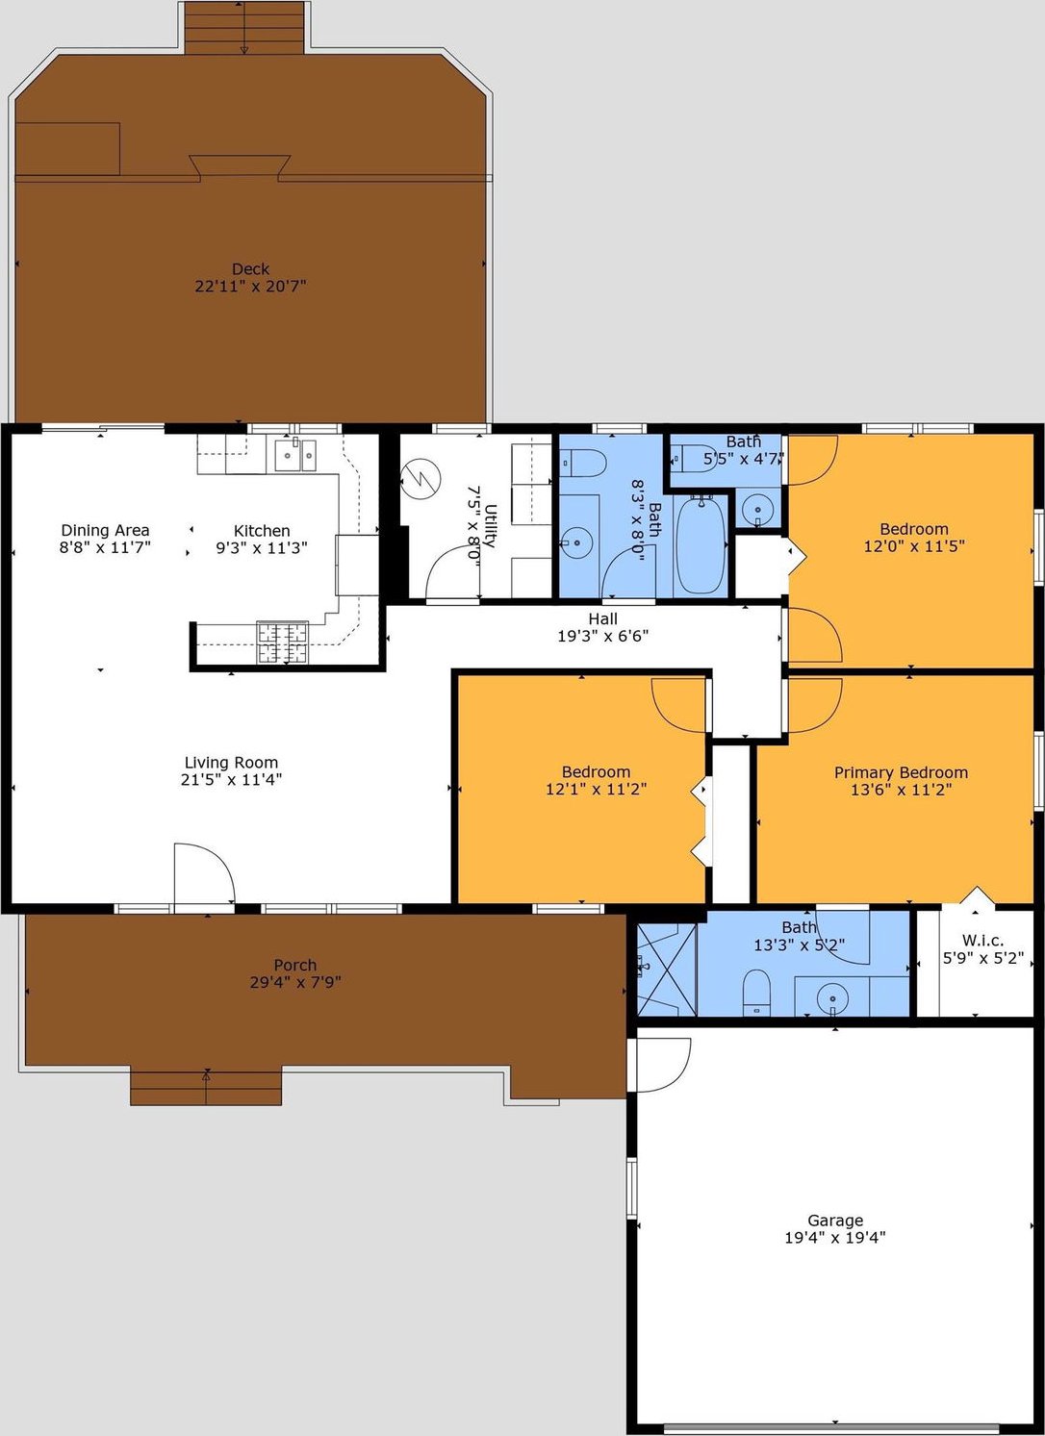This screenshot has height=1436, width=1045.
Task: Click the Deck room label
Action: tap(250, 268)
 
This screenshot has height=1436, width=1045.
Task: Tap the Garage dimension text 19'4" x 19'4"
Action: tap(834, 1237)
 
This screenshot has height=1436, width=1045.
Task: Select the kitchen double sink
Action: tap(295, 455)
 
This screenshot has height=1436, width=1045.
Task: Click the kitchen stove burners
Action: tap(282, 642)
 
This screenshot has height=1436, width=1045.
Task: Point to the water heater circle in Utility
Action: tap(421, 477)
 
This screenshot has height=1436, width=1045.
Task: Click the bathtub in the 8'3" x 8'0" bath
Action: tap(701, 544)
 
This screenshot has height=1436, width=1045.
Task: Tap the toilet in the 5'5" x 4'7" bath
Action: tap(695, 459)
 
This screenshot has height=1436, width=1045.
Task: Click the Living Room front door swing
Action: tap(205, 873)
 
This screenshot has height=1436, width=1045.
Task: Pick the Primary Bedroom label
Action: tap(901, 772)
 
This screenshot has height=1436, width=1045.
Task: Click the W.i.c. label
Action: tap(982, 941)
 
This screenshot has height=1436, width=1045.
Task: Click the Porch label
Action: tap(295, 964)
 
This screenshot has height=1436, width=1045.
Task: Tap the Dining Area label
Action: tap(105, 530)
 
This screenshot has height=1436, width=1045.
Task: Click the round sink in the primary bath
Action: tap(832, 998)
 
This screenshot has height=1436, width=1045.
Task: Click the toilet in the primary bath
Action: tap(756, 992)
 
